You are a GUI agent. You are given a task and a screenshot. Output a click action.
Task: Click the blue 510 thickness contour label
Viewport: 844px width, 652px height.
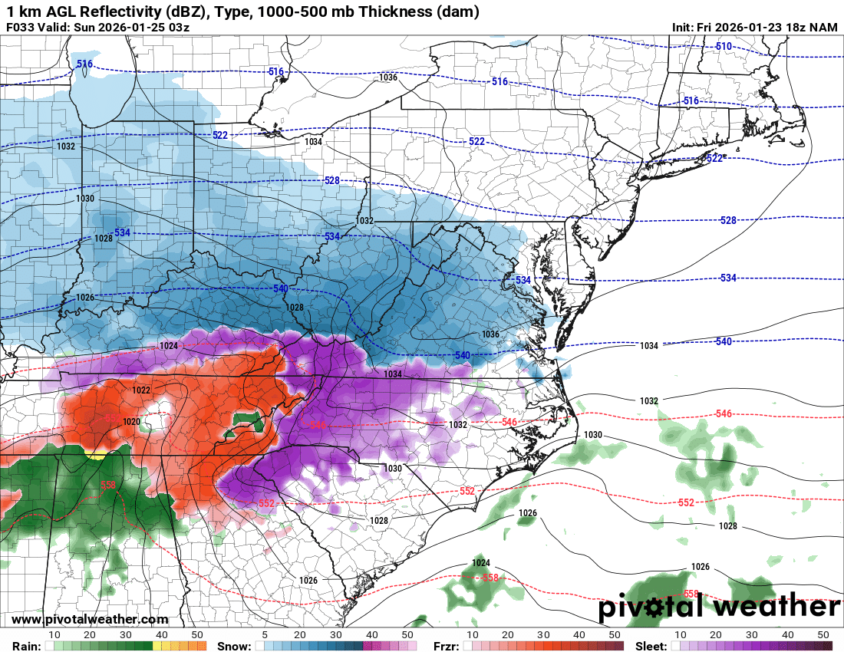click(x=723, y=47)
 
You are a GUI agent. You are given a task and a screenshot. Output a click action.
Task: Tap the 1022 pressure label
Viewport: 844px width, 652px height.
click(x=141, y=390)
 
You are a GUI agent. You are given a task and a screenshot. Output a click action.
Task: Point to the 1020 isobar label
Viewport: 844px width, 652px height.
click(x=131, y=422)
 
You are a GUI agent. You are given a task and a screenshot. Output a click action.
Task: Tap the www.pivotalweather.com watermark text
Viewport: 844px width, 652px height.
click(x=90, y=620)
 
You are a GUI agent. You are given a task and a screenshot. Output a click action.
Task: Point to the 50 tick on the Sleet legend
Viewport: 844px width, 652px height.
click(x=823, y=635)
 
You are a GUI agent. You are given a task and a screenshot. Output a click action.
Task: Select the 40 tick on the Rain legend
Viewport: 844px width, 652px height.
click(x=162, y=635)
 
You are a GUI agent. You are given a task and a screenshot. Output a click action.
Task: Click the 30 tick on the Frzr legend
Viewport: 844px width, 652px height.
click(x=543, y=635)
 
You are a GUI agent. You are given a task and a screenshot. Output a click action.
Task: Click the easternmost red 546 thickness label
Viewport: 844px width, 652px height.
click(x=723, y=414)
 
